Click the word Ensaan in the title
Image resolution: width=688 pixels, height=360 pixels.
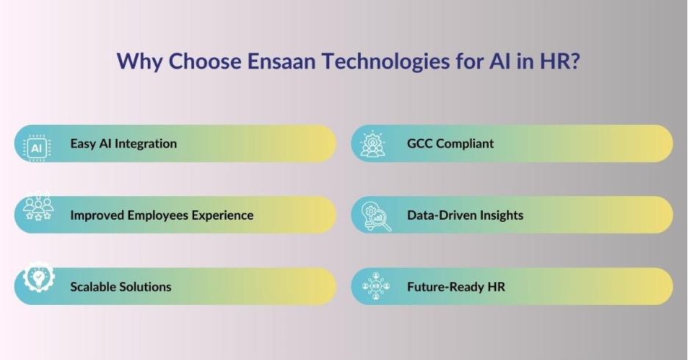click(282, 61)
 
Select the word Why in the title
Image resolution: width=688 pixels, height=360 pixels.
click(139, 62)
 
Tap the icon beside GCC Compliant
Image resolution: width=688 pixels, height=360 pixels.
click(373, 143)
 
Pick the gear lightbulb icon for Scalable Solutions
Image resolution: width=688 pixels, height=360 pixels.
click(39, 276)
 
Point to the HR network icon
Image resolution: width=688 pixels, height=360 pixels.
click(376, 286)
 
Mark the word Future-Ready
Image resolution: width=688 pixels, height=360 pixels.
click(445, 287)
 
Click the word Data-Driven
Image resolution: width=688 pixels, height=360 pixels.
click(442, 215)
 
